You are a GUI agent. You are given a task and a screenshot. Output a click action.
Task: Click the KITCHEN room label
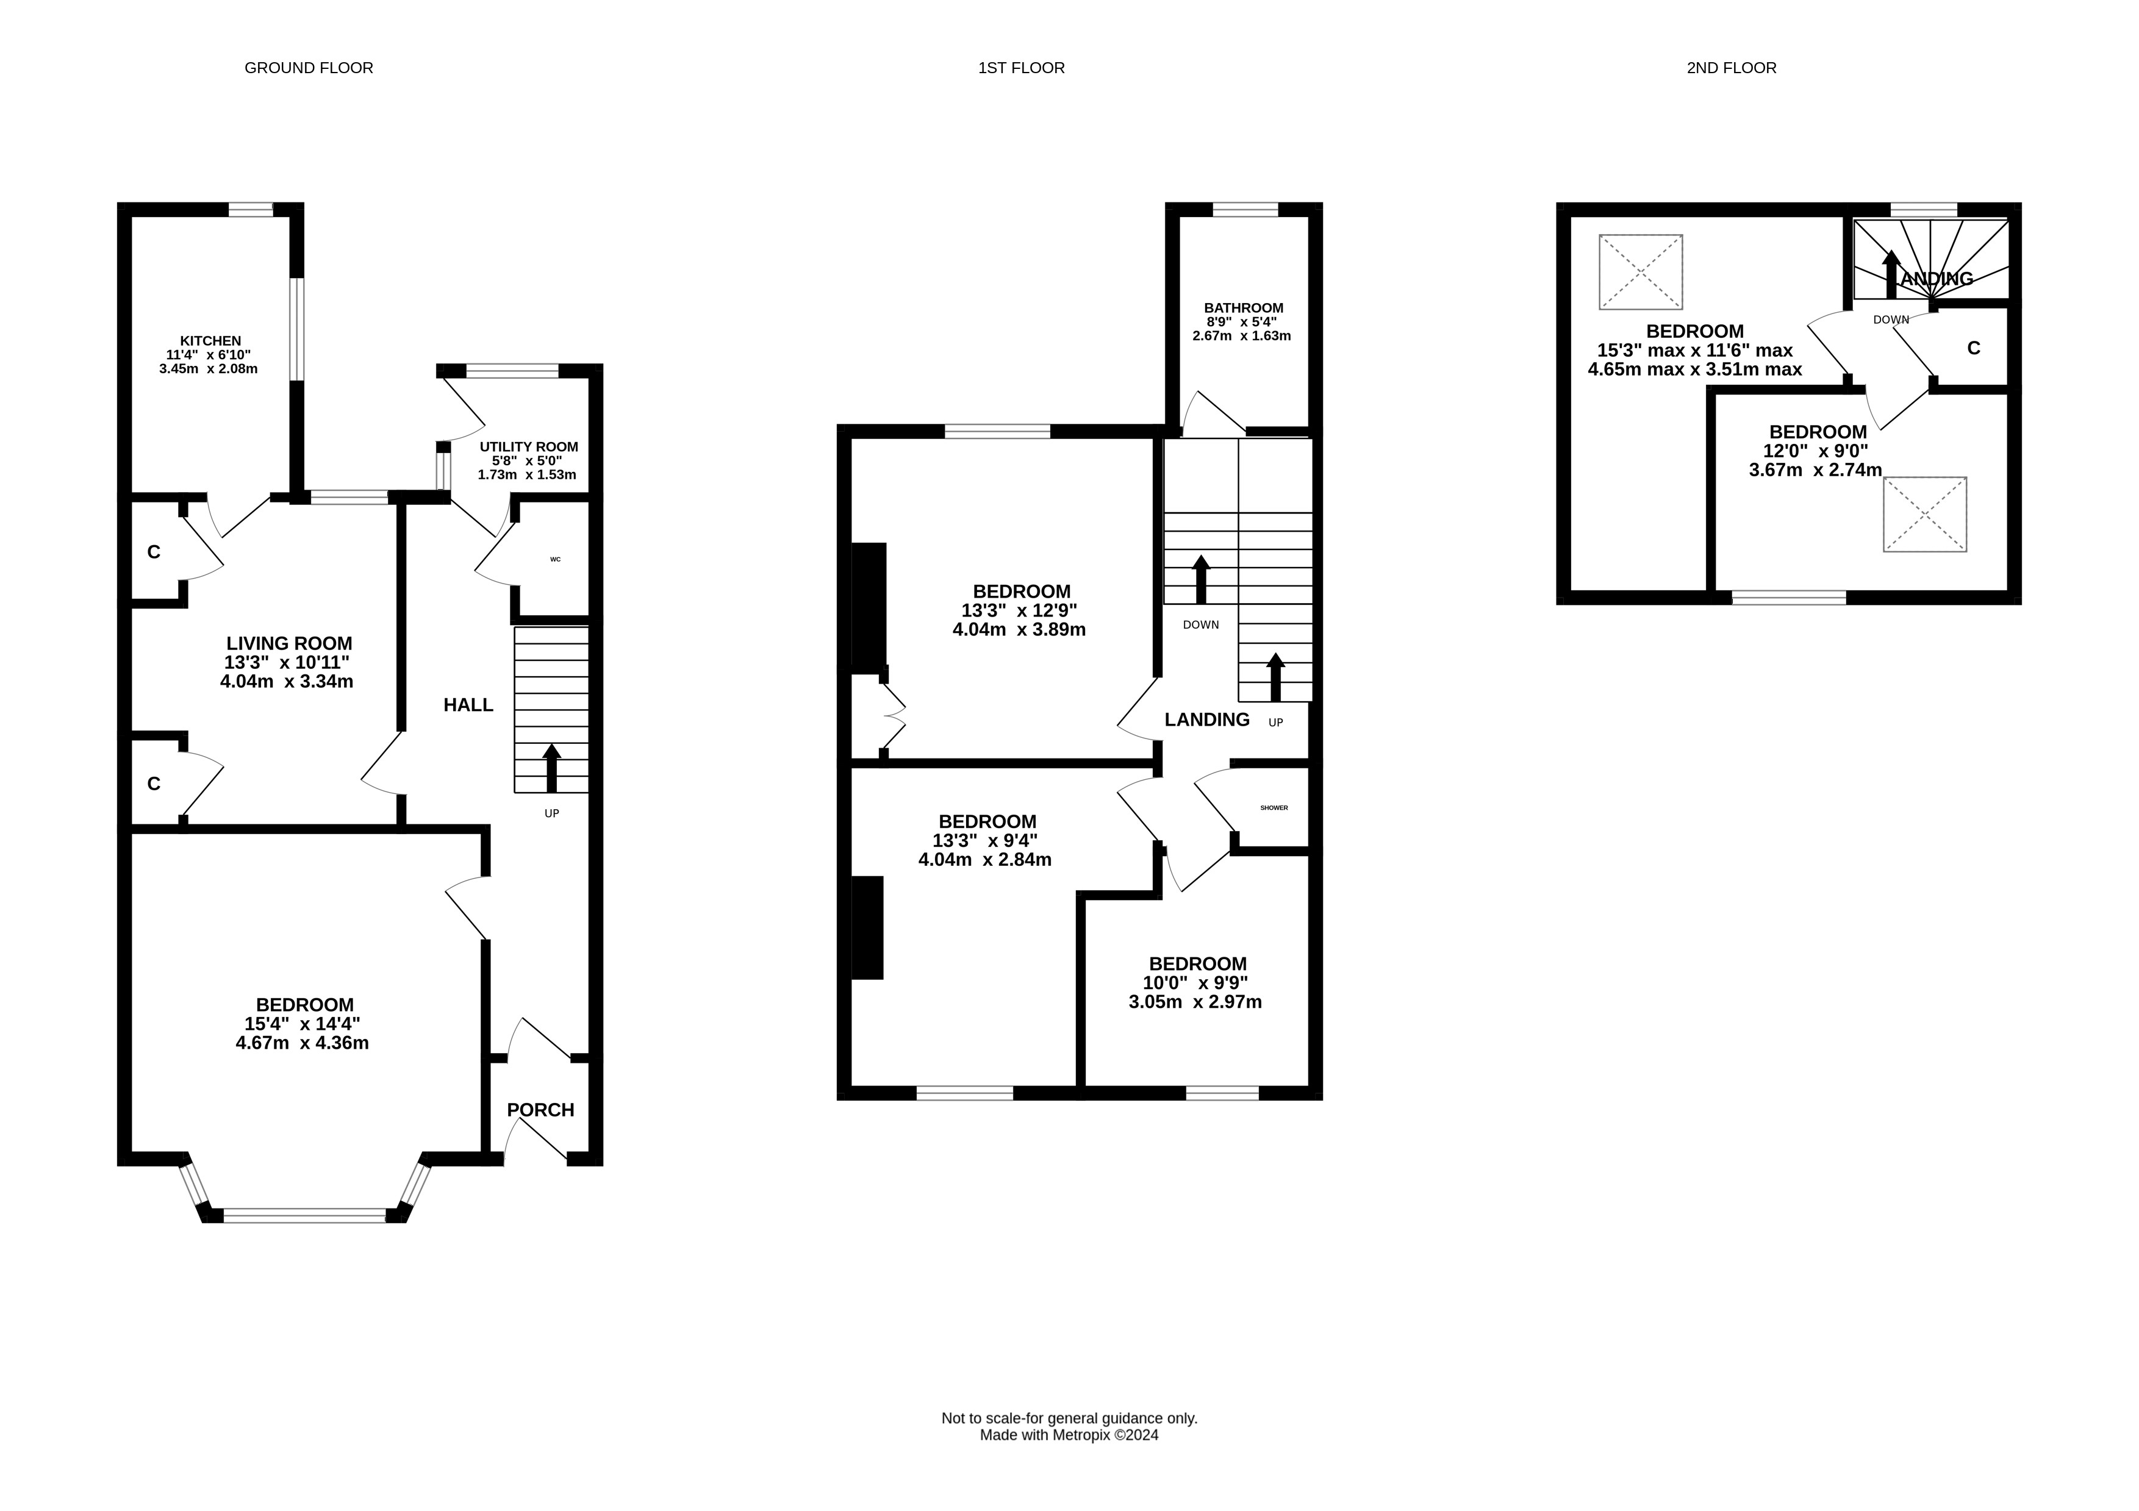click(210, 341)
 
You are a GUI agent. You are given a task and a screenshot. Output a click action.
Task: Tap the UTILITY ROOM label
click(528, 447)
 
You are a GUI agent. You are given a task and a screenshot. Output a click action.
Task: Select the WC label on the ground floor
click(555, 560)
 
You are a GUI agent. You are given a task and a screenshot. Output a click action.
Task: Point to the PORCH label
click(540, 1110)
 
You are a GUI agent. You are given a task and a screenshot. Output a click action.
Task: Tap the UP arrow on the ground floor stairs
click(551, 768)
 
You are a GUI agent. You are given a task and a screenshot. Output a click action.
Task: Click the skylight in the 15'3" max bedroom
click(1641, 272)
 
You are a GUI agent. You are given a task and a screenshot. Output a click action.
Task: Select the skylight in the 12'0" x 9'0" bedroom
click(1925, 514)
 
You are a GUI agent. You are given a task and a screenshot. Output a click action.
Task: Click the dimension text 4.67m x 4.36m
click(303, 1043)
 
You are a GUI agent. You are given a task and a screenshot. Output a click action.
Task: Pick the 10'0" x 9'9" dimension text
click(1195, 983)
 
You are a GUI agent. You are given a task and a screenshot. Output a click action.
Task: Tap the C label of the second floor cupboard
click(1973, 348)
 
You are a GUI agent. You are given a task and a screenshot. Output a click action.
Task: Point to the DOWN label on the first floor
click(1201, 625)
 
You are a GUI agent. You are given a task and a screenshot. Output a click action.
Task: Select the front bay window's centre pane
click(304, 1215)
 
